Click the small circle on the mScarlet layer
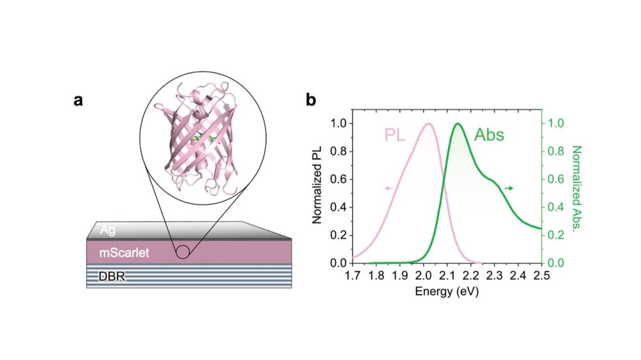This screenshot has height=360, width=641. (x=183, y=251)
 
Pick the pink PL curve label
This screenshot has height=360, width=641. (x=397, y=135)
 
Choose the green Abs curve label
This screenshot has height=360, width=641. (x=489, y=135)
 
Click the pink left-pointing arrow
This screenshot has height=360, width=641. (x=389, y=188)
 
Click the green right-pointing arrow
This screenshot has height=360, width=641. (x=509, y=188)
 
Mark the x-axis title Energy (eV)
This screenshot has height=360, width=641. (x=447, y=291)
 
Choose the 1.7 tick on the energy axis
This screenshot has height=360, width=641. (x=353, y=275)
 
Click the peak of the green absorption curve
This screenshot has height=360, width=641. (x=458, y=124)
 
